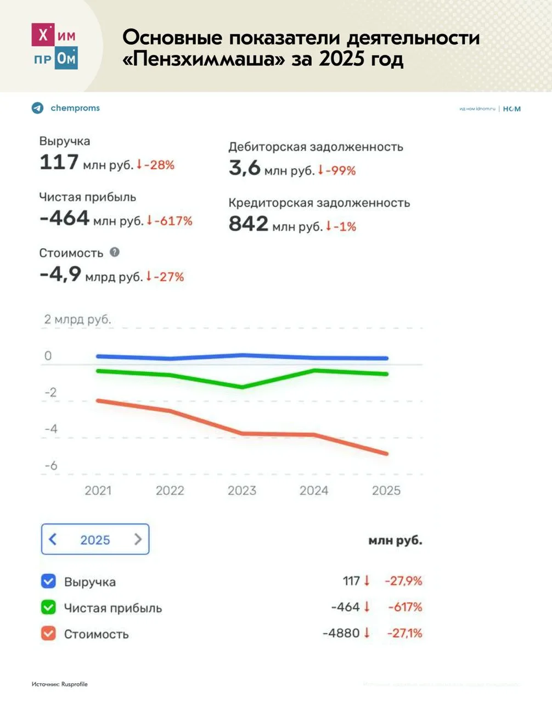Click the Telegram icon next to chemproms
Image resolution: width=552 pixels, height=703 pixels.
[x=37, y=108]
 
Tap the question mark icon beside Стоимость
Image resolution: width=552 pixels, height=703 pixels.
[x=114, y=252]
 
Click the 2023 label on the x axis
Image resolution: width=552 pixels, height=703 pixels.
[x=241, y=490]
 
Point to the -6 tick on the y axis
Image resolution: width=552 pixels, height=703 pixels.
[x=50, y=466]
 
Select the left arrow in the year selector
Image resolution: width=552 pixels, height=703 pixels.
[x=53, y=539]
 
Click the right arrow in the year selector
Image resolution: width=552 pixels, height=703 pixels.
[x=138, y=539]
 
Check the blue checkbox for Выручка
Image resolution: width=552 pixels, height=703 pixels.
[x=48, y=581]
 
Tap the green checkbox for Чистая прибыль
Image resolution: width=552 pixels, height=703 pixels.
[x=48, y=607]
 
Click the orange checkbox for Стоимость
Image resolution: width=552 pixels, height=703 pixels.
[x=48, y=633]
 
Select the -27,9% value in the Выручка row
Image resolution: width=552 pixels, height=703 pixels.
[x=403, y=581]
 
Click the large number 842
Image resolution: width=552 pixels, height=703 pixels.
[x=248, y=224]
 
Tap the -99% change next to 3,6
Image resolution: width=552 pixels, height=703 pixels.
[x=340, y=171]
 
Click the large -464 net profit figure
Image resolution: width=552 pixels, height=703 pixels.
[x=64, y=219]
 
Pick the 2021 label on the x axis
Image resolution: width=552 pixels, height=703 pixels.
[x=98, y=490]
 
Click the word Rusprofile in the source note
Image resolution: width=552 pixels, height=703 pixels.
[x=74, y=684]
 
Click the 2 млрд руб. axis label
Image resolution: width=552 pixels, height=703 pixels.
[x=77, y=319]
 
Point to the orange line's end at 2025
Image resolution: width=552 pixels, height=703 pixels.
[x=386, y=454]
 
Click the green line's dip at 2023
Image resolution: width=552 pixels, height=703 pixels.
[x=241, y=387]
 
